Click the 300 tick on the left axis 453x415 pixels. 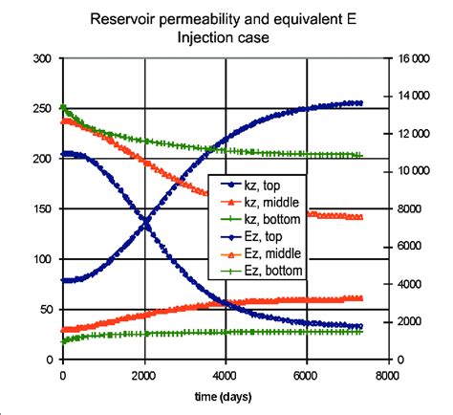(x=42, y=58)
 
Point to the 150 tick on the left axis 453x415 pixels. (x=42, y=208)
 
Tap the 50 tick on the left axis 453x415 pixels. (x=46, y=309)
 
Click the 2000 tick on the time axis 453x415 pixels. (x=144, y=374)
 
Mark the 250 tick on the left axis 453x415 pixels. (x=42, y=108)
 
